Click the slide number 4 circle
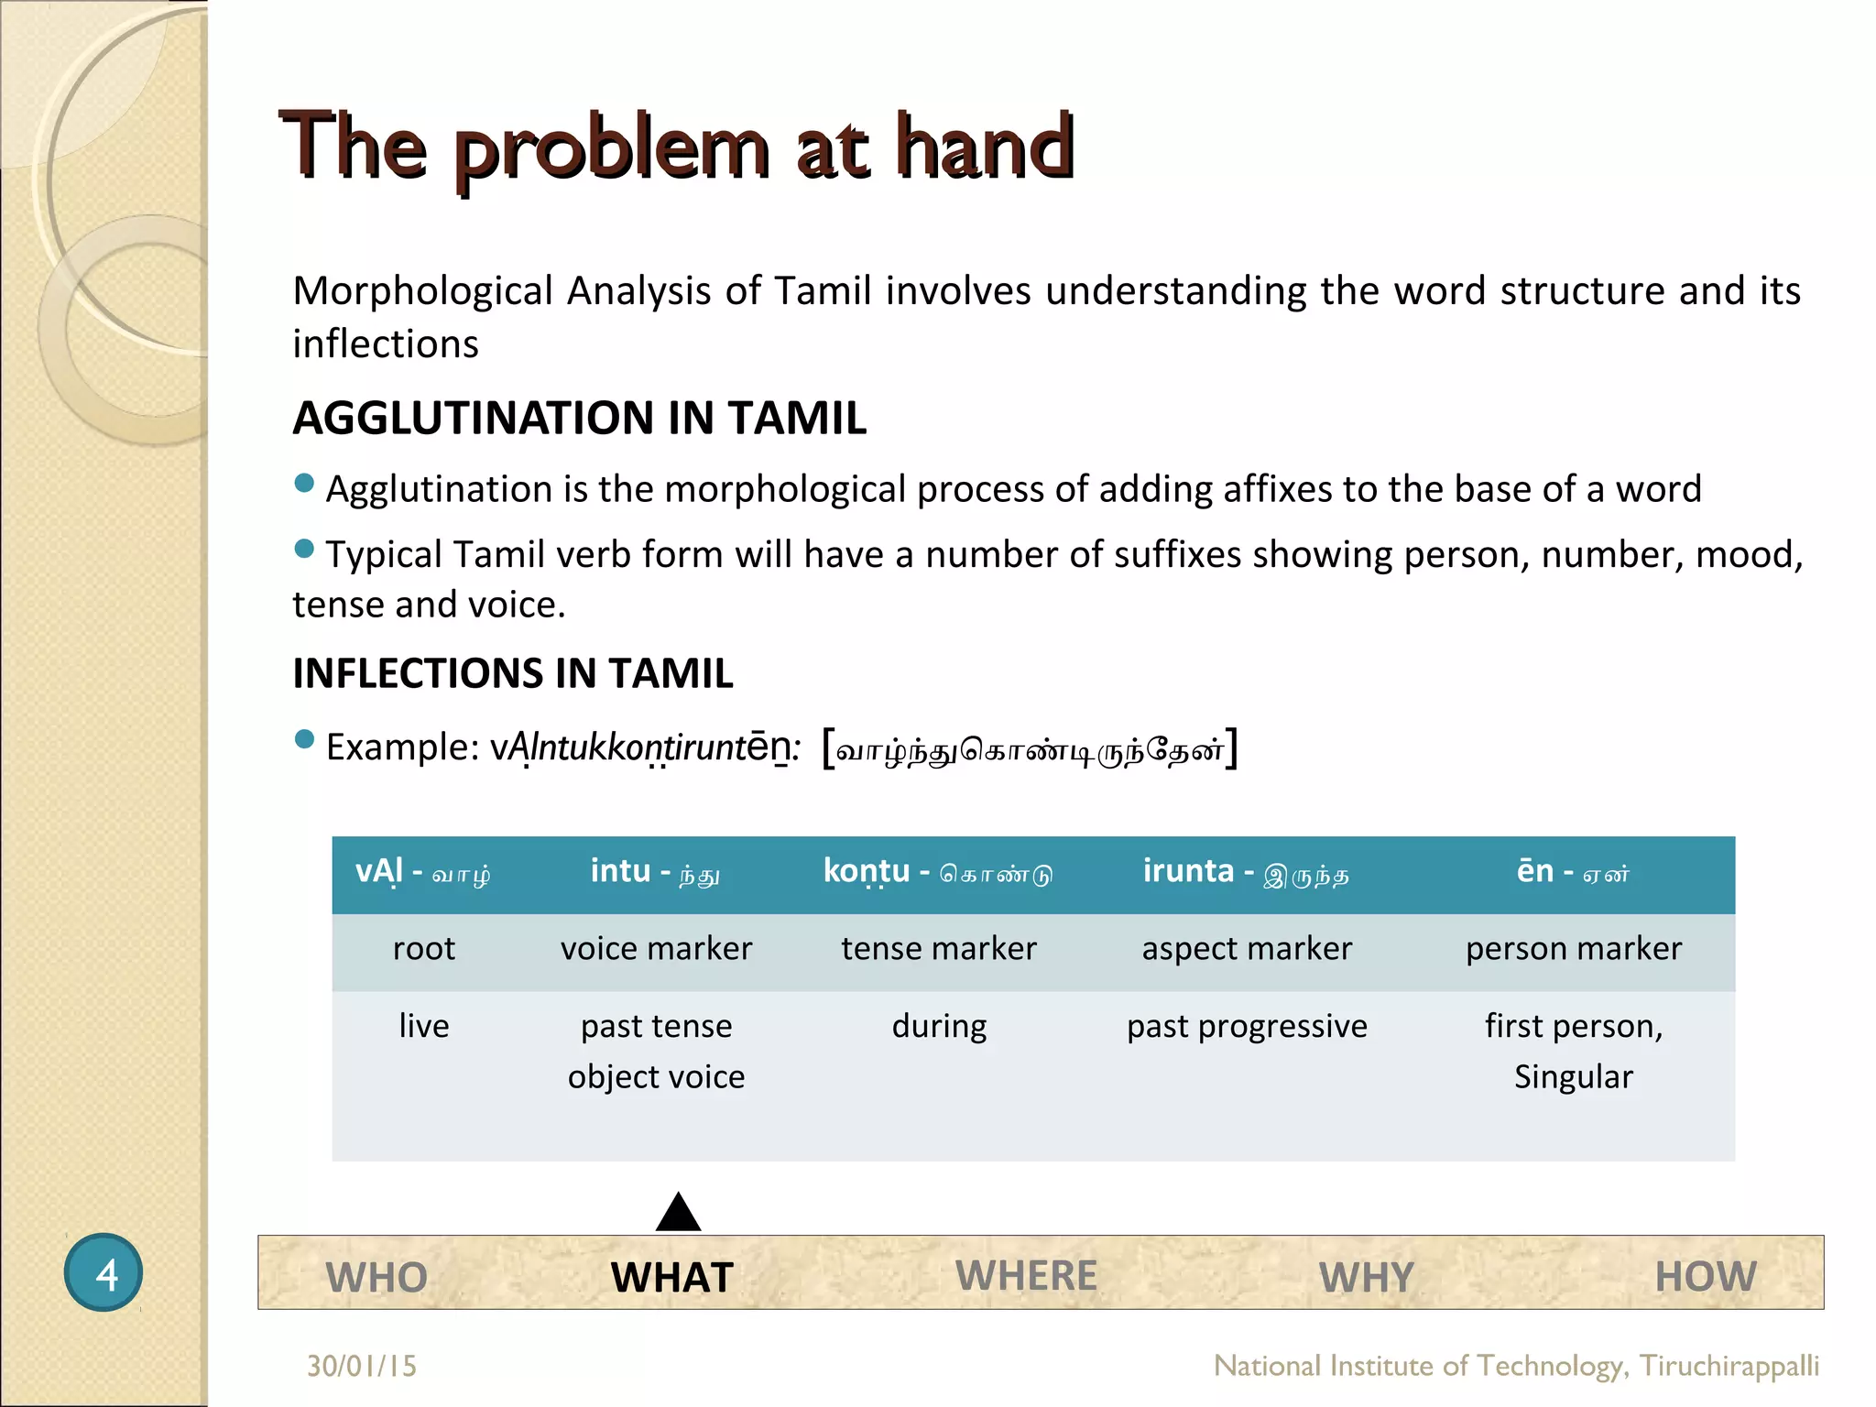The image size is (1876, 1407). tap(104, 1272)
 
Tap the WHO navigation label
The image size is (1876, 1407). tap(376, 1277)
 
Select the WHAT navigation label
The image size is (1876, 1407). tap(672, 1277)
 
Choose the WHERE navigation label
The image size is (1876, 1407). tap(1026, 1275)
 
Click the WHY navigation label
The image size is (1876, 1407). tap(1367, 1277)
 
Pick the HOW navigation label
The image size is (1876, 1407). tap(1706, 1276)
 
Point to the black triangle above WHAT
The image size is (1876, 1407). tap(679, 1215)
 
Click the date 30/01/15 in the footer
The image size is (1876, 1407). tap(362, 1366)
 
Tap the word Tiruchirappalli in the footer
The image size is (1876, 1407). tap(1729, 1366)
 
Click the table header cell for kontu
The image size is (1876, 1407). tap(938, 872)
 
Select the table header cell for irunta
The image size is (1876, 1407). tap(1246, 872)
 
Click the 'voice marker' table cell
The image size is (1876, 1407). tap(656, 949)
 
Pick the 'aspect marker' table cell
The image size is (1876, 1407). tap(1247, 949)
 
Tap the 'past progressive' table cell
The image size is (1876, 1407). tap(1247, 1026)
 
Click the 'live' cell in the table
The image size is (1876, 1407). tap(424, 1026)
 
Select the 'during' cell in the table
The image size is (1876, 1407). tap(939, 1026)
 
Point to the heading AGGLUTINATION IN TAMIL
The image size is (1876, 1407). tap(579, 418)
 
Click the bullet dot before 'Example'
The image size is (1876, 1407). tap(305, 739)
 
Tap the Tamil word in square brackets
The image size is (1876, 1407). tap(1031, 750)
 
